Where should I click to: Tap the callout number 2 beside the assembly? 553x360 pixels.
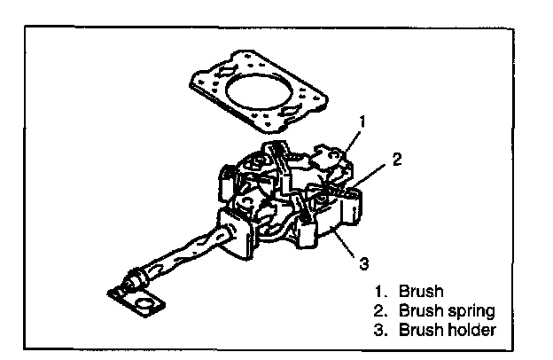tap(397, 160)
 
